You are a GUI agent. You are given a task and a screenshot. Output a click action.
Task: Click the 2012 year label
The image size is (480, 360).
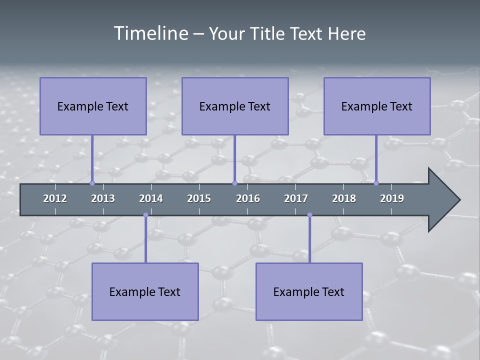point(55,198)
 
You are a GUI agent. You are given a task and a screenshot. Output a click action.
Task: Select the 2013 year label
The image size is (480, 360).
point(103,198)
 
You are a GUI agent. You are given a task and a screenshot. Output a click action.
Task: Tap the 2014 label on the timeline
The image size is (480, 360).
point(151,198)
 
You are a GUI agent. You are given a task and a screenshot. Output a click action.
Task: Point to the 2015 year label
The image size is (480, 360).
point(199,198)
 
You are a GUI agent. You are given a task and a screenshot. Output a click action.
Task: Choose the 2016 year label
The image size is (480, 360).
point(248,198)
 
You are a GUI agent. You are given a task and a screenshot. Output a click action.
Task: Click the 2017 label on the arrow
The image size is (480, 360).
point(296,198)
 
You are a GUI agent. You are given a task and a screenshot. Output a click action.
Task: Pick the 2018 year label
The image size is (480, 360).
point(344,198)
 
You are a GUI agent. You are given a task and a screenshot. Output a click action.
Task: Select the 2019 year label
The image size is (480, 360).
point(392,198)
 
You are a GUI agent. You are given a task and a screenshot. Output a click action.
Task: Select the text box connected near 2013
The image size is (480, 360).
point(93,106)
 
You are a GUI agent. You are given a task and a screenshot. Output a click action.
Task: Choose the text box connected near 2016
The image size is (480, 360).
point(235,106)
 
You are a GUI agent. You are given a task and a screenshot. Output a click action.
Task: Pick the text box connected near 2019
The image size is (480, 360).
point(377,106)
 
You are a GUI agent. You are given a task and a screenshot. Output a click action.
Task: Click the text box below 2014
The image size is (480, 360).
point(145,291)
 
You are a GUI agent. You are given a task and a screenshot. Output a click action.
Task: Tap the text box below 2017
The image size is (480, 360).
point(309,291)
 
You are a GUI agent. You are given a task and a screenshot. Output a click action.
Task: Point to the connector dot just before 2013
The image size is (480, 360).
point(92,183)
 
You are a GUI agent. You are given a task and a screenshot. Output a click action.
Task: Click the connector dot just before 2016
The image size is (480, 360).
point(234,183)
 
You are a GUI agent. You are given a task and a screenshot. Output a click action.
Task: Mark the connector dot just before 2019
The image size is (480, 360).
point(376,183)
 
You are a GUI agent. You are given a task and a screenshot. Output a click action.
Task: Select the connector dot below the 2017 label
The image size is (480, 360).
point(309,215)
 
